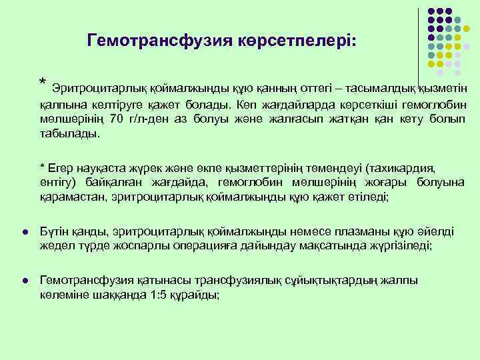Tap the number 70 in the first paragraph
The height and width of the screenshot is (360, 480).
117,120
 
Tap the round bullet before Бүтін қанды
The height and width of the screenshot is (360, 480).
24,231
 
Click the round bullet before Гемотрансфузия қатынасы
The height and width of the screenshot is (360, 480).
24,281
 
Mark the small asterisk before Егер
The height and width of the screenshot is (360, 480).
42,167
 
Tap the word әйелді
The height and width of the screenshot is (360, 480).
436,231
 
